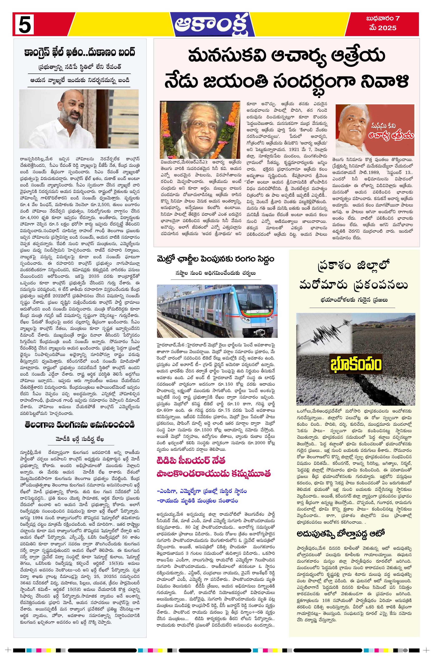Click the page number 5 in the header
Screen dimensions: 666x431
(x=24, y=24)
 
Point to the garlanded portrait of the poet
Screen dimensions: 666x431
(x=200, y=130)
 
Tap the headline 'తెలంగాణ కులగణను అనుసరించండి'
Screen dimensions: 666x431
(x=80, y=425)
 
